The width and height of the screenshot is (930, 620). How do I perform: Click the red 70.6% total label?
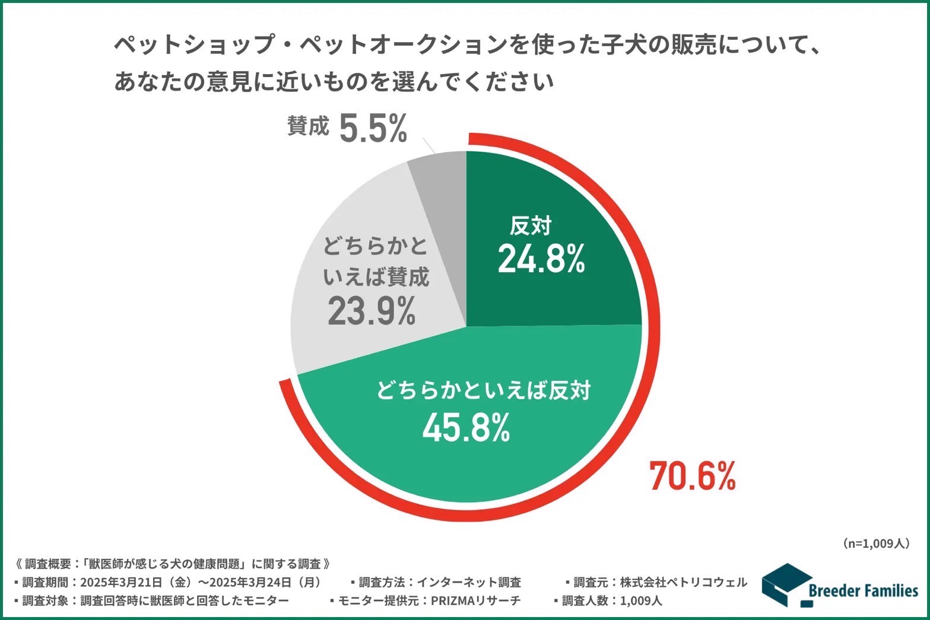pos(693,476)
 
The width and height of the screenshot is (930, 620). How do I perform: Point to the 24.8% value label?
pos(541,259)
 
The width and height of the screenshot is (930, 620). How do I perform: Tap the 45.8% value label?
pos(466,428)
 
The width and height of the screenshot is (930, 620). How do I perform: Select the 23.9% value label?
pos(372,311)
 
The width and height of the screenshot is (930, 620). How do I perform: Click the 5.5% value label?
pos(373,129)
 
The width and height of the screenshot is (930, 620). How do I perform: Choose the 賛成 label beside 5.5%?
pos(307,126)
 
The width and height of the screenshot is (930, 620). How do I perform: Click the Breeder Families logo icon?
pos(785,584)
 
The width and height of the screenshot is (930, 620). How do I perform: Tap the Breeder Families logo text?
pos(863,590)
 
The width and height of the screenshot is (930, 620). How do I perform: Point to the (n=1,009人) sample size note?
pos(875,543)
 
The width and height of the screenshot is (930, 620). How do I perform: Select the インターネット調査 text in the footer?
pos(469,582)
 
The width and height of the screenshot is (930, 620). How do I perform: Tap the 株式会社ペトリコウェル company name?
pos(683,582)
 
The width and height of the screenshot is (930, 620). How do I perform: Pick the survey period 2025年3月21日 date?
pos(122,582)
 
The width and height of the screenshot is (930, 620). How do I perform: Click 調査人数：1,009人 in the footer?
pos(611,600)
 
